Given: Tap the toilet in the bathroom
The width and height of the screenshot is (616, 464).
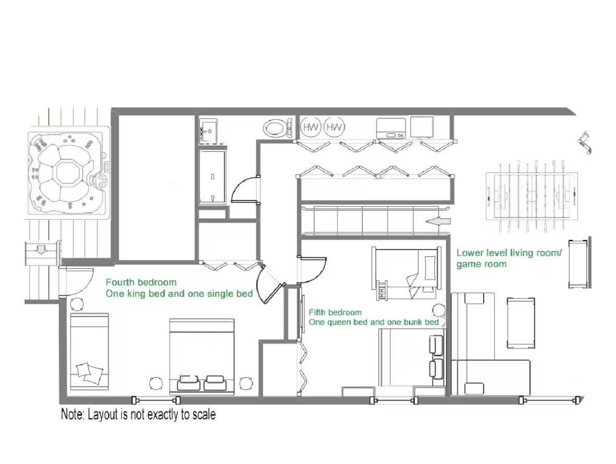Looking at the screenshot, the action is pyautogui.click(x=278, y=128).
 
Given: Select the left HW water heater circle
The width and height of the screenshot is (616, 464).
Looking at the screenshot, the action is pyautogui.click(x=311, y=128).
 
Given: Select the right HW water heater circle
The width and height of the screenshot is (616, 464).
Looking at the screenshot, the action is pyautogui.click(x=334, y=128).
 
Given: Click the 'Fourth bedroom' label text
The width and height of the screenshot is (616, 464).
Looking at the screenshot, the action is pyautogui.click(x=141, y=282).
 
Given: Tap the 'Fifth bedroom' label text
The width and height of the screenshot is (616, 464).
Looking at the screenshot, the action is pyautogui.click(x=335, y=313).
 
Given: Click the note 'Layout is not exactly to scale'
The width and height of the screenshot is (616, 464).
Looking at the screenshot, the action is pyautogui.click(x=138, y=414).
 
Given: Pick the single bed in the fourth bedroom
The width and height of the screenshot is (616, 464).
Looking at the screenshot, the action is pyautogui.click(x=89, y=352).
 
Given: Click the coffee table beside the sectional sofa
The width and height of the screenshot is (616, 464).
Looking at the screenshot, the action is pyautogui.click(x=521, y=323).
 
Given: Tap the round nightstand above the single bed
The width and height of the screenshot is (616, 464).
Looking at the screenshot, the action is pyautogui.click(x=77, y=304).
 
